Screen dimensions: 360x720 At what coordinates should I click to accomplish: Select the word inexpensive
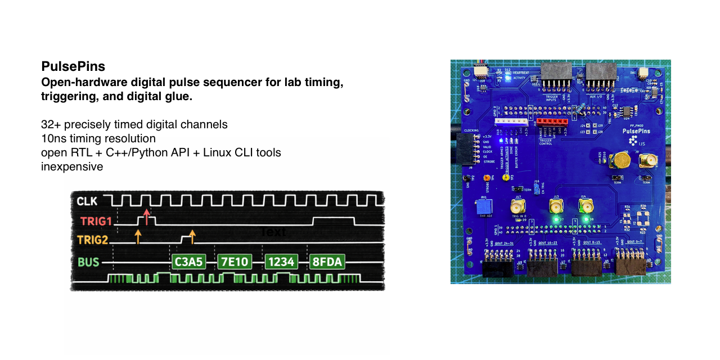[72, 167]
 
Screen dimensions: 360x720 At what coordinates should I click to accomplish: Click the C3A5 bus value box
[188, 262]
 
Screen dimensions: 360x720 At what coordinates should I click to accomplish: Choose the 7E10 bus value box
[233, 262]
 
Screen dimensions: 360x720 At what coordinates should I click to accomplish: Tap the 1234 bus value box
[281, 262]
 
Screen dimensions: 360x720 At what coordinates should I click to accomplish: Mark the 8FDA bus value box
[327, 262]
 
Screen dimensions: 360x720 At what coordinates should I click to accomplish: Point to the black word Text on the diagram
[273, 232]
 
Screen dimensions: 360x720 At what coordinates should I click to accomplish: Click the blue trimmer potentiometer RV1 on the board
[483, 206]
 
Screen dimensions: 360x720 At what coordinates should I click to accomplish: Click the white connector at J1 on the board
[511, 121]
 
